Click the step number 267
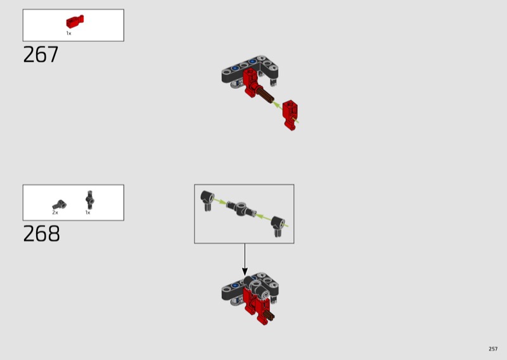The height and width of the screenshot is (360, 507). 41,55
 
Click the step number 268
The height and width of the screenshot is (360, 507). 41,233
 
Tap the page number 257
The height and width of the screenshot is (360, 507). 493,349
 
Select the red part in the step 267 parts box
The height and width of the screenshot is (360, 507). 75,22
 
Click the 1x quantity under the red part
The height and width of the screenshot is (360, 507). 68,34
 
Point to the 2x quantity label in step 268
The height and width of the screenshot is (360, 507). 55,212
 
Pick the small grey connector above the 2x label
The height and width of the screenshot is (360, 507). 60,205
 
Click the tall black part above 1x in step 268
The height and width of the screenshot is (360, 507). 90,200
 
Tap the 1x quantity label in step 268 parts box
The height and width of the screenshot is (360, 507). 87,212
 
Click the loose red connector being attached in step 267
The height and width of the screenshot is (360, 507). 290,115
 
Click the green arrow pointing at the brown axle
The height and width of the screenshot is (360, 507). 278,105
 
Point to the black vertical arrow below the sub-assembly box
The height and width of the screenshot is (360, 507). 245,260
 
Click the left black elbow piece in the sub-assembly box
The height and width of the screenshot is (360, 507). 207,200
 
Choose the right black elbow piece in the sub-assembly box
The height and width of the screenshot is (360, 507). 278,226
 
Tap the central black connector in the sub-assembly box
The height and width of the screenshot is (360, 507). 241,209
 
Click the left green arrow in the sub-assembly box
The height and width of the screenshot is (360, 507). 219,201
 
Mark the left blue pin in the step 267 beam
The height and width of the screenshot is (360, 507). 235,68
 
